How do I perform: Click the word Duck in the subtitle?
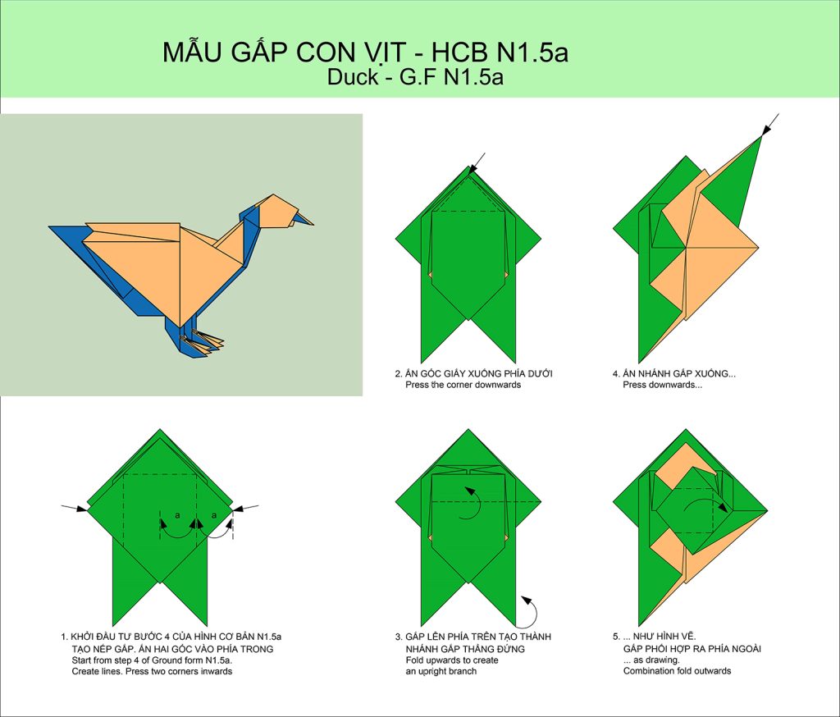(353, 77)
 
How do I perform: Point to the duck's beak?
(304, 219)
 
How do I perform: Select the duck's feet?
(203, 342)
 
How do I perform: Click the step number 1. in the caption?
(64, 637)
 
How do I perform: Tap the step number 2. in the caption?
(399, 374)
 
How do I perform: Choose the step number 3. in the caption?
(399, 637)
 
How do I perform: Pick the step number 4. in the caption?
(616, 374)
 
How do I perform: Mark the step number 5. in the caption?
(616, 637)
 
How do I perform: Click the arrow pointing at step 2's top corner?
(477, 164)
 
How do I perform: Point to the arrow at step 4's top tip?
(769, 126)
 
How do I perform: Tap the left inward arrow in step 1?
(74, 508)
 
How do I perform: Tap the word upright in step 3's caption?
(436, 671)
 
